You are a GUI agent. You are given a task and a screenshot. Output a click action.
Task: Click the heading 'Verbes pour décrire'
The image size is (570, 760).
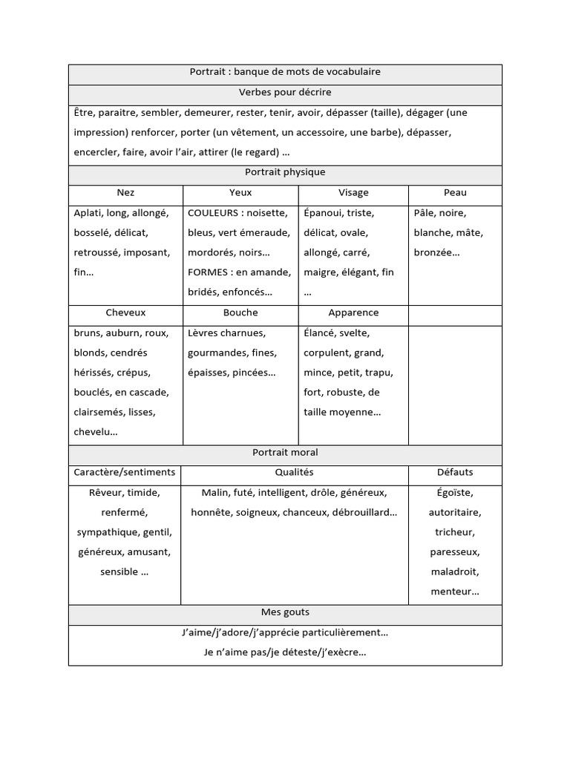[x=285, y=93]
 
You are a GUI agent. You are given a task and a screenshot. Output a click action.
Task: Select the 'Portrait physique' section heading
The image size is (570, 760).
[x=285, y=172]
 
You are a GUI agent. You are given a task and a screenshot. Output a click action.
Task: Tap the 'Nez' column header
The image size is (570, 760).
[x=126, y=192]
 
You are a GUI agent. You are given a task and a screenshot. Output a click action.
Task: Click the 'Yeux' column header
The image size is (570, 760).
[x=240, y=192]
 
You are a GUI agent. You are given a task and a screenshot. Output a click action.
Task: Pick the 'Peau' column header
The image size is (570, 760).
[x=455, y=192]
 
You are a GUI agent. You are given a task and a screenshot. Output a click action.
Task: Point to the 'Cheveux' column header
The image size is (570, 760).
[x=126, y=312]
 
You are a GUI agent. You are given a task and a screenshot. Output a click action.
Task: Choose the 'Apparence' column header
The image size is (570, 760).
[x=353, y=312]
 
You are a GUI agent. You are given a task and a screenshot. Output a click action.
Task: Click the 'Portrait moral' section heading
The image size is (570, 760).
[x=285, y=452]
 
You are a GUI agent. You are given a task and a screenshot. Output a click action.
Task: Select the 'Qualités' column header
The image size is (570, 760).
[x=294, y=472]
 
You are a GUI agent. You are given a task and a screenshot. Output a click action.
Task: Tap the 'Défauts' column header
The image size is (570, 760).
[x=455, y=472]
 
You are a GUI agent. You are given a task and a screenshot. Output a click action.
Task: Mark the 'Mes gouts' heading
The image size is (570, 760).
[x=285, y=612]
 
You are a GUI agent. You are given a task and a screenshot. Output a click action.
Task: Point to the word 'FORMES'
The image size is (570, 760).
[x=208, y=272]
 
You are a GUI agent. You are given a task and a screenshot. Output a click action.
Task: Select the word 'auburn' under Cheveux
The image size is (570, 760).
[x=125, y=332]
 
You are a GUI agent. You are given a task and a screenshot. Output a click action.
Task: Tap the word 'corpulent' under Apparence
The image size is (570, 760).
[x=326, y=353]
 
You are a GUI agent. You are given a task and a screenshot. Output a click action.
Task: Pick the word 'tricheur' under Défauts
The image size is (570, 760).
[x=455, y=532]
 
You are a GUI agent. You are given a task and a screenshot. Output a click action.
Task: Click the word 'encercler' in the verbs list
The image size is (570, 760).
[x=96, y=152]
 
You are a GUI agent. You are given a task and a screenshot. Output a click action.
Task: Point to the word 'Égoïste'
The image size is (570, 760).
[x=455, y=492]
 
